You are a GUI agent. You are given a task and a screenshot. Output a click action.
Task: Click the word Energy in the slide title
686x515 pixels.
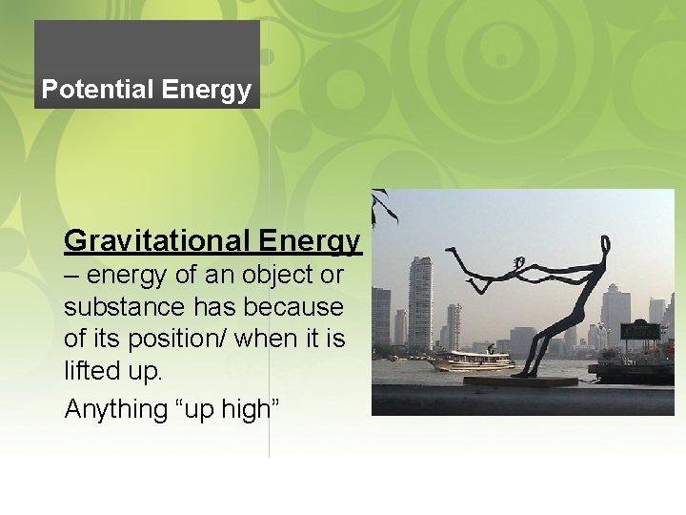point(207,91)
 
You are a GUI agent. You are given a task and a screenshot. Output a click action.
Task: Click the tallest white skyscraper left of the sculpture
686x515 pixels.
point(419,303)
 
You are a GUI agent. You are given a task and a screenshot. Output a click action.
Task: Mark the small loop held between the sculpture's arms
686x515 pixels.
point(519,262)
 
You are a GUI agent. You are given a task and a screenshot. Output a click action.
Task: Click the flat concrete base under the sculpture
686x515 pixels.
point(519,381)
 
